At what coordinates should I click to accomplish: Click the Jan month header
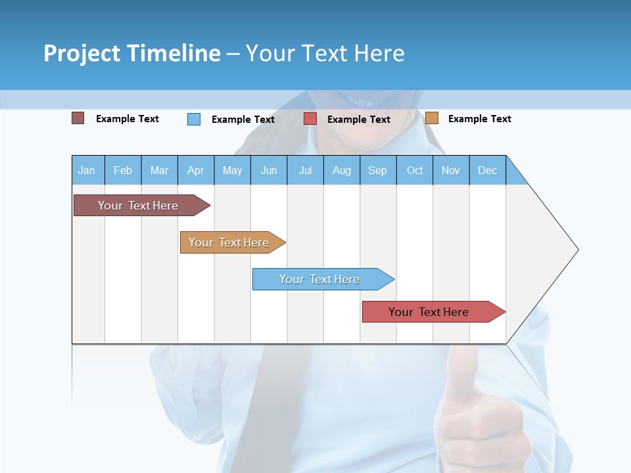[87, 170]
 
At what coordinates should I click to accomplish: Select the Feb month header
[123, 170]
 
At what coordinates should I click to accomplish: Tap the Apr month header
[195, 170]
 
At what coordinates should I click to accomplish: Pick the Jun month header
[269, 170]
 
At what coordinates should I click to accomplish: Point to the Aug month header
[341, 170]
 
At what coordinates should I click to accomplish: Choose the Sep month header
[377, 170]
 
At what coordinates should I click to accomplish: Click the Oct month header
[415, 170]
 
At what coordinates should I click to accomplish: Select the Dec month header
[487, 170]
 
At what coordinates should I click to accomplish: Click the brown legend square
[78, 118]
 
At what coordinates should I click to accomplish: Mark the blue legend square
[193, 119]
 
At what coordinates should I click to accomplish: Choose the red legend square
[310, 118]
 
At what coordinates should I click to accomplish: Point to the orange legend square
[431, 118]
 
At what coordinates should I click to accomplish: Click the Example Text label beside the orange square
[479, 119]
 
